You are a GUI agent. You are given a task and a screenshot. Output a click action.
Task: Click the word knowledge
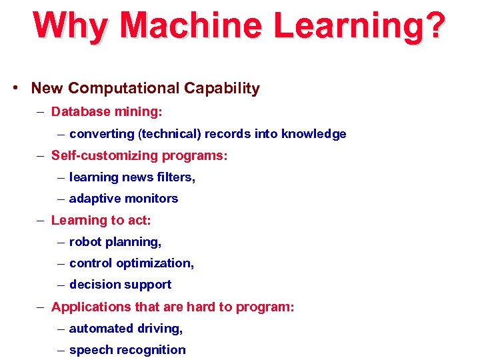pos(313,134)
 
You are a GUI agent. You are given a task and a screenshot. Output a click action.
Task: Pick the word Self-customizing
pos(102,155)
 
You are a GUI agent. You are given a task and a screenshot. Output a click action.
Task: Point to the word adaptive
pos(93,199)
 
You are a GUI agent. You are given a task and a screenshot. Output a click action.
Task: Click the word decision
pos(93,285)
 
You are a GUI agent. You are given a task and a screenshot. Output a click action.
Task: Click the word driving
pos(159,329)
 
